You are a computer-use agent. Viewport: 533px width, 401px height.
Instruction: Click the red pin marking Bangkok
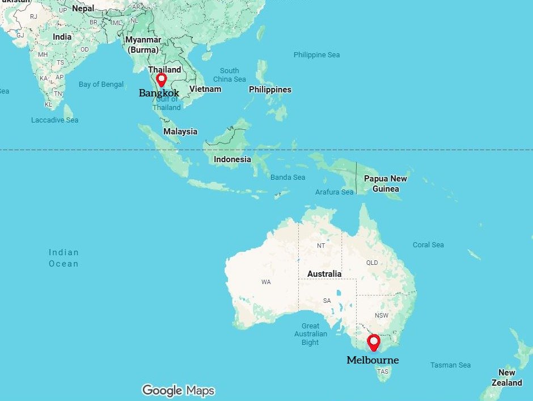(x=161, y=79)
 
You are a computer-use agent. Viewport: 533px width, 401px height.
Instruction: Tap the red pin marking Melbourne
(x=374, y=342)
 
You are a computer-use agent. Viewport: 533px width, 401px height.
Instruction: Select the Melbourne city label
(x=373, y=360)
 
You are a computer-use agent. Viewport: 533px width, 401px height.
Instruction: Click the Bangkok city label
(x=159, y=93)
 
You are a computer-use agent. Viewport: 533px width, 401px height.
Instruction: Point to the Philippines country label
(x=270, y=90)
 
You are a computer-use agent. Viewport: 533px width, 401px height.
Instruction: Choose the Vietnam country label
(x=205, y=89)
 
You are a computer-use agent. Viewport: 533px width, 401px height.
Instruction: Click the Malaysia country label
(x=180, y=132)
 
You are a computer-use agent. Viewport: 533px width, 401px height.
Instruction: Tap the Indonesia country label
(x=232, y=159)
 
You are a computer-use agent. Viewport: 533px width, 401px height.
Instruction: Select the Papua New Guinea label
(x=386, y=183)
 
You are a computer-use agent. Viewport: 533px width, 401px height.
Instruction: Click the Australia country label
(x=324, y=274)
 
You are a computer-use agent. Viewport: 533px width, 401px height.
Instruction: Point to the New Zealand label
(x=506, y=378)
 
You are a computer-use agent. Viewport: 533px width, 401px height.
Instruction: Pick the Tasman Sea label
(x=450, y=365)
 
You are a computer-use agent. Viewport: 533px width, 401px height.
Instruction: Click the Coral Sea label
(x=428, y=245)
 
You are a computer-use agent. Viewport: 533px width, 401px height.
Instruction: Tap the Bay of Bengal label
(x=101, y=85)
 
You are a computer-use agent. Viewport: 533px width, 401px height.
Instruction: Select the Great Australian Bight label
(x=310, y=334)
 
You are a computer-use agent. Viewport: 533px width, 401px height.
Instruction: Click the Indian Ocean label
(x=64, y=258)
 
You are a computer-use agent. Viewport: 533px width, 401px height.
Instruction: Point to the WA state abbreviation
(x=266, y=282)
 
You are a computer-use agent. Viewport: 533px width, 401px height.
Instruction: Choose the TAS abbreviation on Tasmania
(x=383, y=372)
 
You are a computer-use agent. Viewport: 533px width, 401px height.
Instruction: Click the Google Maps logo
(x=178, y=390)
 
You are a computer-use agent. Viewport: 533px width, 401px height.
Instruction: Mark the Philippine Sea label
(x=316, y=55)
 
